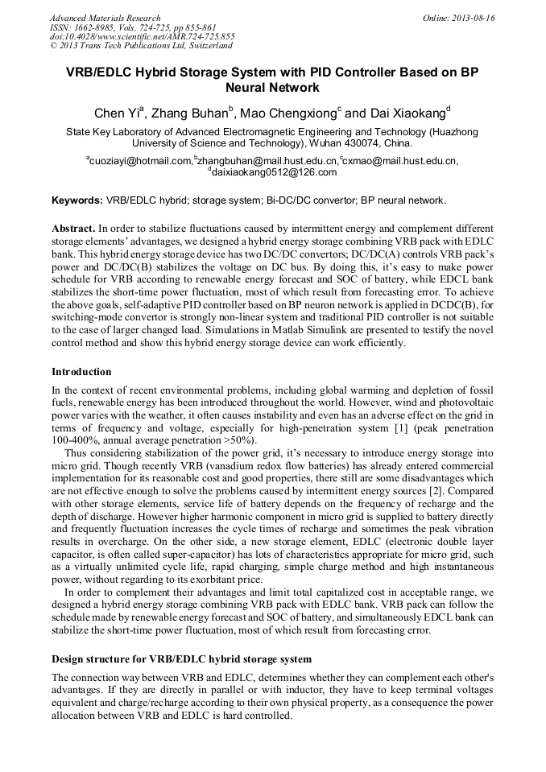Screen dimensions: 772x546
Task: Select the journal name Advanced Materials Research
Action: tap(105, 18)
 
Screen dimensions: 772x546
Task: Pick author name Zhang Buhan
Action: tap(192, 114)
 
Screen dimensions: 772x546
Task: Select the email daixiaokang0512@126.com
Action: tap(274, 172)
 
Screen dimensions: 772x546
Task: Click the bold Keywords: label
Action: tap(77, 200)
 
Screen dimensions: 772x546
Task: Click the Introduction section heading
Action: tap(81, 372)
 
